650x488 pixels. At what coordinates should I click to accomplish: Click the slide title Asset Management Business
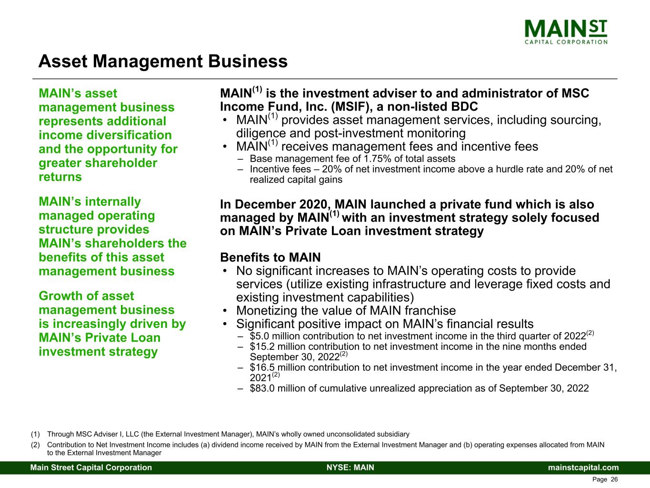coord(163,61)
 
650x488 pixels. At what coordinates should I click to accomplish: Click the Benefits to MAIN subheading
coord(270,258)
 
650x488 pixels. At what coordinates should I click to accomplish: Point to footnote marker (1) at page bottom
coord(35,435)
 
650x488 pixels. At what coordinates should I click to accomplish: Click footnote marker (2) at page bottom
coord(35,445)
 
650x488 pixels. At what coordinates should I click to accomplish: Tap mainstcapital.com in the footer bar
coord(583,468)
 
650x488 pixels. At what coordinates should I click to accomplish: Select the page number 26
coord(614,480)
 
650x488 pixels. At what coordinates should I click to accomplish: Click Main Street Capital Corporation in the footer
coord(91,468)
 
